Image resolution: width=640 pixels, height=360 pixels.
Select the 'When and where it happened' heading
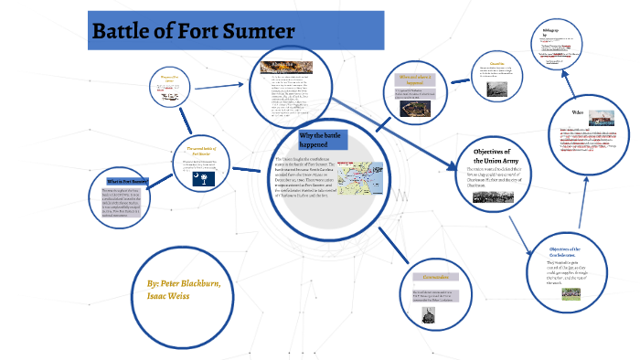coord(418,79)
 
